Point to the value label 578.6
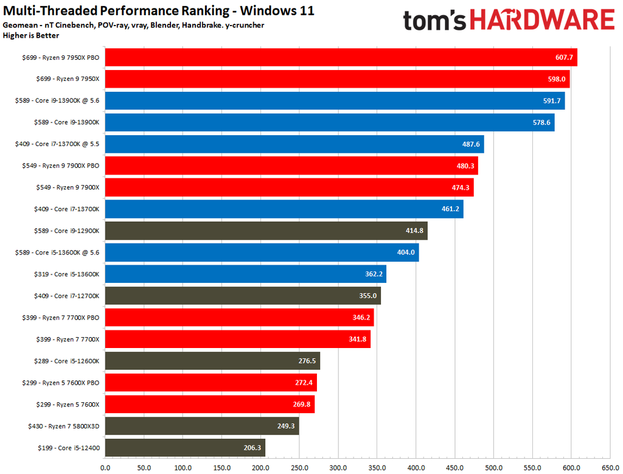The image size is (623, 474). (x=540, y=122)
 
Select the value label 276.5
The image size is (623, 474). (x=306, y=361)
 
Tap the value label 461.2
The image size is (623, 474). (x=450, y=209)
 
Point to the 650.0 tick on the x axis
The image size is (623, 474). (x=610, y=468)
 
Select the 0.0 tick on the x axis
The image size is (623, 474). (x=105, y=468)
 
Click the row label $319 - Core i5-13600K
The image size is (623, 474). (x=66, y=274)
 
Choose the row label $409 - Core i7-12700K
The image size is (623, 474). (x=66, y=296)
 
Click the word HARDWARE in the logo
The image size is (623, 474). (x=541, y=21)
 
